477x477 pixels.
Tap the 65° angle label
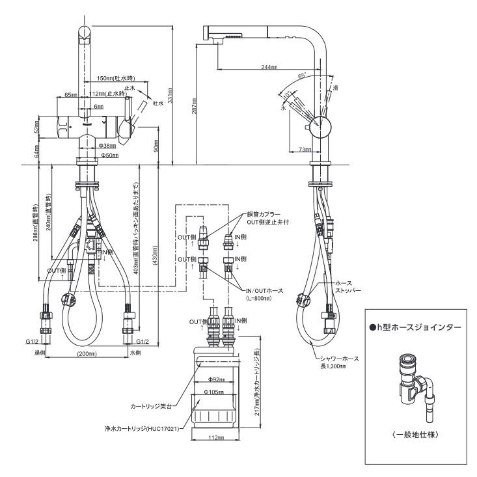302,76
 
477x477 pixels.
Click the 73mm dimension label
303,149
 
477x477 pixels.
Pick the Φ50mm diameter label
107,156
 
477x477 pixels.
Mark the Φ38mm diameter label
107,146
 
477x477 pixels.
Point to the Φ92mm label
215,379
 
